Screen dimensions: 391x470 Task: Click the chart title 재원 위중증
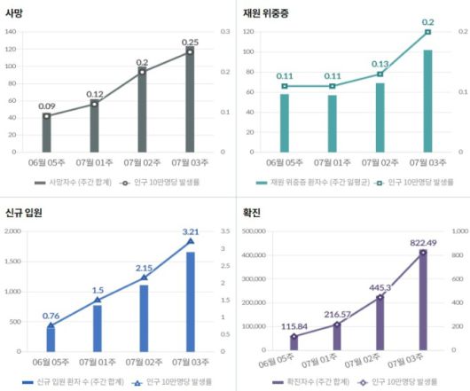pyautogui.click(x=265, y=13)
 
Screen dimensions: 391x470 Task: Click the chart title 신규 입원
pyautogui.click(x=23, y=213)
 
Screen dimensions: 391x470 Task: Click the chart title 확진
pyautogui.click(x=253, y=213)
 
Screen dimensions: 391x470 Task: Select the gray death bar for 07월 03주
pyautogui.click(x=190, y=101)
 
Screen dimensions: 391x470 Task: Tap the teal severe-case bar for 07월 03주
pyautogui.click(x=427, y=101)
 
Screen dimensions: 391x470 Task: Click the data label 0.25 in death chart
pyautogui.click(x=190, y=42)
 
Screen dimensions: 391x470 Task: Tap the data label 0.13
pyautogui.click(x=380, y=64)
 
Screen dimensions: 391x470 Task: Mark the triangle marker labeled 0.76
pyautogui.click(x=51, y=325)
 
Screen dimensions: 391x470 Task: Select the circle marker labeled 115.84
pyautogui.click(x=294, y=337)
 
